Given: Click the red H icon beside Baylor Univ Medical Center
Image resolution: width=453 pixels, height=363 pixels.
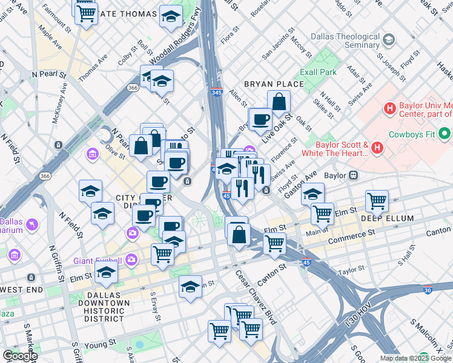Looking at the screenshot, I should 391,108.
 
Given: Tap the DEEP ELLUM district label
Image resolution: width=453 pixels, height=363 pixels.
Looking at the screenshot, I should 388,218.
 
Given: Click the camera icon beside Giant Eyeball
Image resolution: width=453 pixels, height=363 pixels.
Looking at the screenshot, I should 131,261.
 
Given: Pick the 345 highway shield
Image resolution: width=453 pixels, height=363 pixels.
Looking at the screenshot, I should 217,92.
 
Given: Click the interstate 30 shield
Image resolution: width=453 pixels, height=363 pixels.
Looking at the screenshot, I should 428,289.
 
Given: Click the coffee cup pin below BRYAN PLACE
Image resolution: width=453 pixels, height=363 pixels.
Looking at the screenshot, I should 261,119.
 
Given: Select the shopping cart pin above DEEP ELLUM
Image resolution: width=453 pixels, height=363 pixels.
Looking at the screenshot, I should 377,201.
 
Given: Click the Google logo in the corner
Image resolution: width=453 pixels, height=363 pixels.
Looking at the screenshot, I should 19,356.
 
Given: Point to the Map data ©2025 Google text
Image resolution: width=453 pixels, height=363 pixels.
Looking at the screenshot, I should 415,358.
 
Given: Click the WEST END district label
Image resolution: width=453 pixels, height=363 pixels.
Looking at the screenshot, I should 22,290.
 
